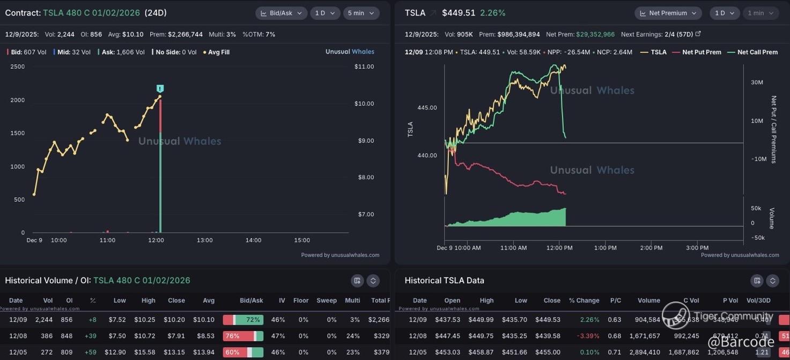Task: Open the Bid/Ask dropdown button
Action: [x=281, y=13]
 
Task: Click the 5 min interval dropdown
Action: [x=361, y=13]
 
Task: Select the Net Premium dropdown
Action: [x=667, y=13]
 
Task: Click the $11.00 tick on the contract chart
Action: [x=364, y=67]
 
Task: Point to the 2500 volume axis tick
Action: [x=18, y=67]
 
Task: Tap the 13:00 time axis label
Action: [x=205, y=240]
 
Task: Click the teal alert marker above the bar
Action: [x=160, y=89]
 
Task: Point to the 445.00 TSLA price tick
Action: [x=427, y=108]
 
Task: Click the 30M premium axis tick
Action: [x=757, y=82]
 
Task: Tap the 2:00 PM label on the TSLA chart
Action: [x=651, y=248]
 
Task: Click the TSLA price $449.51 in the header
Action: [x=459, y=13]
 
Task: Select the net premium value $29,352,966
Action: [x=595, y=34]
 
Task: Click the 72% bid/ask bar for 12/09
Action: [x=243, y=320]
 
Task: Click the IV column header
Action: [x=282, y=300]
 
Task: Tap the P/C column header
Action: [x=615, y=300]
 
